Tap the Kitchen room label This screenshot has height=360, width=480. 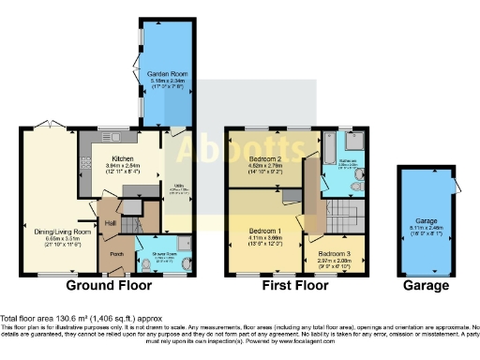click(126, 158)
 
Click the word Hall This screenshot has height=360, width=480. click(110, 222)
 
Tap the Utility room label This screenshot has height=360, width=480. click(177, 187)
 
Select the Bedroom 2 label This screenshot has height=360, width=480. click(263, 160)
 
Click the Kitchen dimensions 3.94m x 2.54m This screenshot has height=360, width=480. click(126, 166)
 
